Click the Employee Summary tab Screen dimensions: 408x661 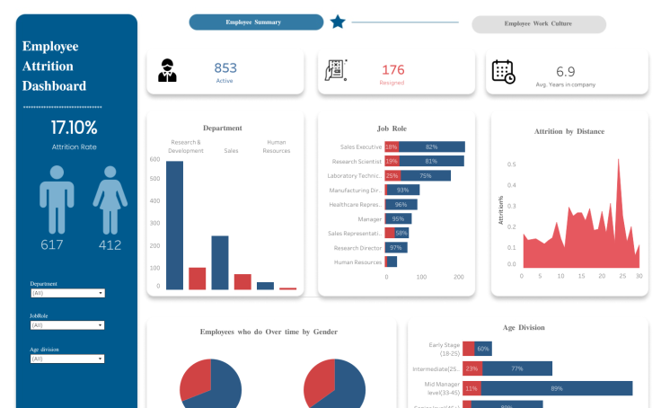(x=256, y=22)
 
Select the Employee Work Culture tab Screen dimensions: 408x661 (x=538, y=24)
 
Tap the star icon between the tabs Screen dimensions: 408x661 (x=338, y=22)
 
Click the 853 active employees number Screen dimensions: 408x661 (x=225, y=68)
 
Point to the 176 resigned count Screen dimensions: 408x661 (x=393, y=69)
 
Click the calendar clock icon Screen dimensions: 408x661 (x=503, y=72)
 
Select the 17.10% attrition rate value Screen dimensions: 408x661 (x=74, y=128)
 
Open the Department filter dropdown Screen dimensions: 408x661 (x=67, y=293)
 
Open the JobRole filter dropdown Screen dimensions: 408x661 (x=67, y=325)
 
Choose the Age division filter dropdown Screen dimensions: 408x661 (x=67, y=359)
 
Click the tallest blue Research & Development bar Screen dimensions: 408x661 (x=174, y=225)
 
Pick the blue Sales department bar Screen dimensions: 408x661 (x=220, y=262)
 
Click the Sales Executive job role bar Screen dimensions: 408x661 (x=431, y=146)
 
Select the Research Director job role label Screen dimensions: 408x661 (x=358, y=247)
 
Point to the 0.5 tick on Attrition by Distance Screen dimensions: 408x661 (x=511, y=164)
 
